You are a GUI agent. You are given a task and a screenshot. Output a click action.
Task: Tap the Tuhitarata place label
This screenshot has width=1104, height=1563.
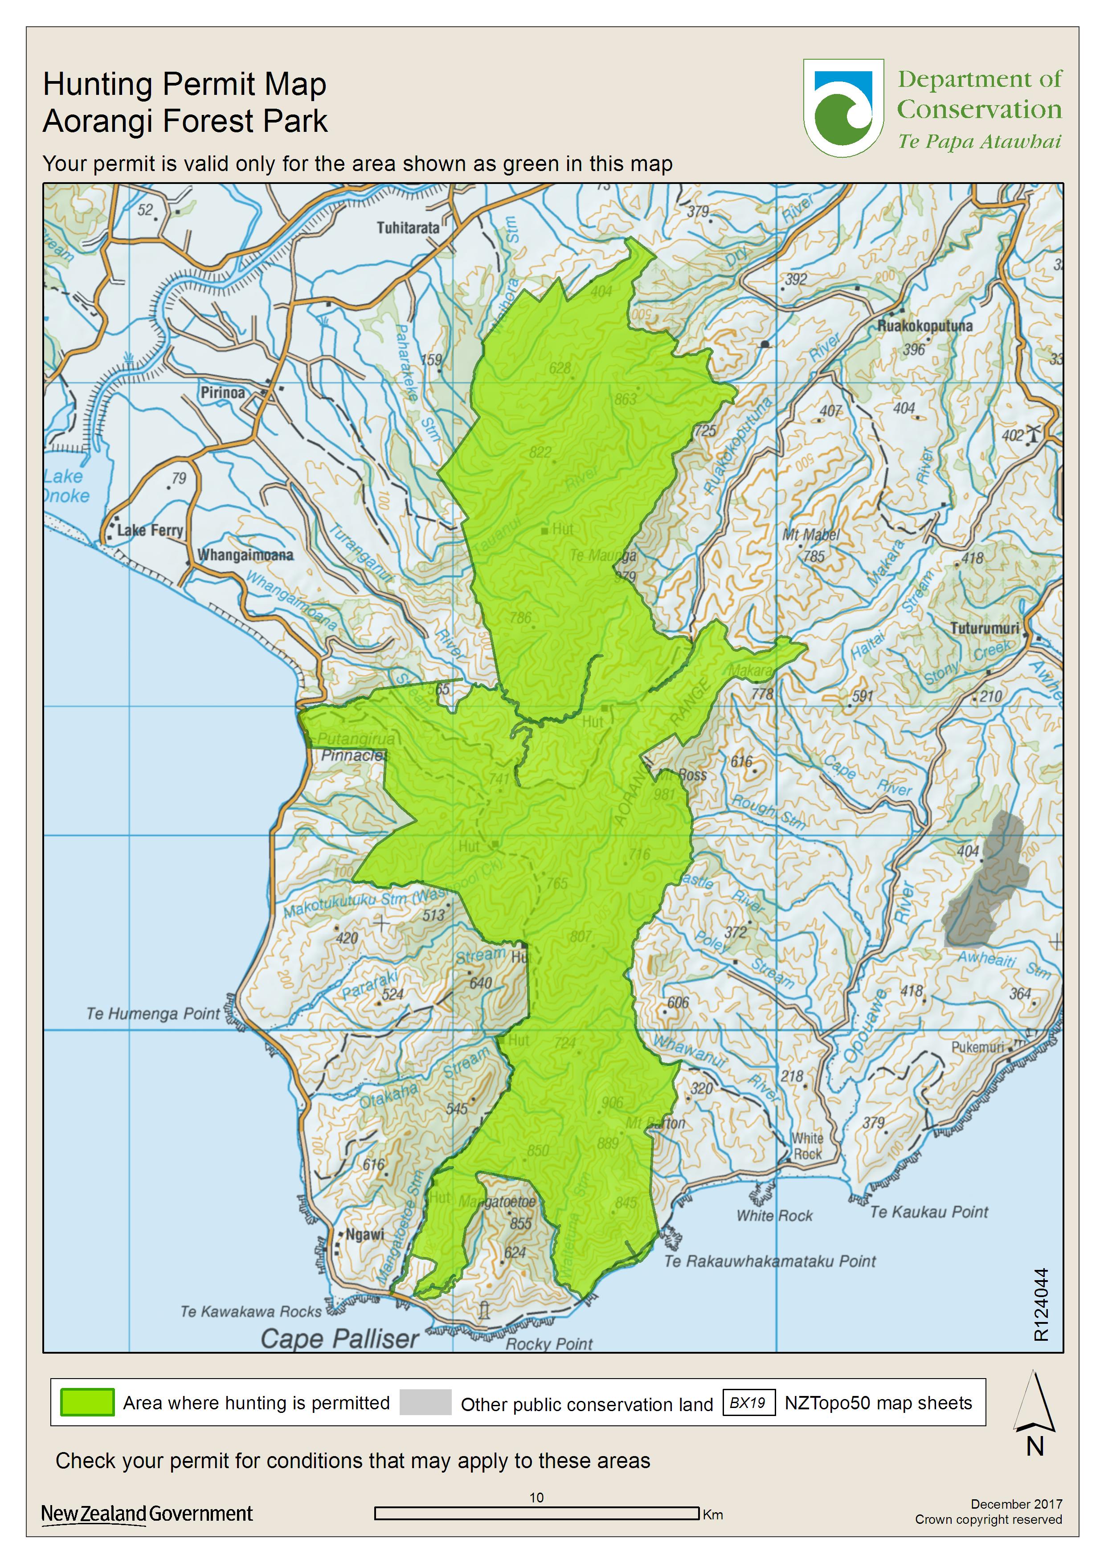[408, 227]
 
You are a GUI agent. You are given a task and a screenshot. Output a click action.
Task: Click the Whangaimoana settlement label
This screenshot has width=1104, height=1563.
[245, 555]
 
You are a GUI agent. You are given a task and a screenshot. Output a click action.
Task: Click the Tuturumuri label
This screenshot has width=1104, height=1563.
[984, 628]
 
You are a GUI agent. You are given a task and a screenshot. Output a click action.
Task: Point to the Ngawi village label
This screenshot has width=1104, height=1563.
[364, 1234]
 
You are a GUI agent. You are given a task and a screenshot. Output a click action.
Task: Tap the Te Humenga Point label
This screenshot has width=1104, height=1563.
[153, 1014]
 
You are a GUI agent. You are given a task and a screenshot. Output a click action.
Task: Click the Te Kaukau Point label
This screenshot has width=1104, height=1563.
[928, 1212]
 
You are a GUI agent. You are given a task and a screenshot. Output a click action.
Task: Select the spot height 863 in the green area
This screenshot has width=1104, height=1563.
[625, 399]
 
